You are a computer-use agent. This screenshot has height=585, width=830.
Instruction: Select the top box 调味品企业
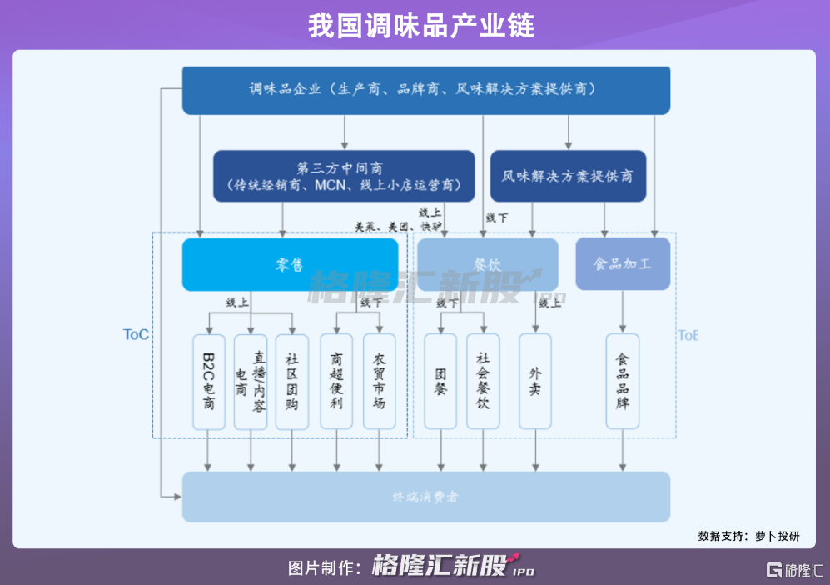click(425, 90)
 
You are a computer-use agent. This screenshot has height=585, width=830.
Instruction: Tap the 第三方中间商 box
click(344, 176)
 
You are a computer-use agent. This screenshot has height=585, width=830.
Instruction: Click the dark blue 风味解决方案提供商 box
click(568, 176)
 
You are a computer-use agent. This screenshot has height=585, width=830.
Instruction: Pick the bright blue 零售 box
click(290, 264)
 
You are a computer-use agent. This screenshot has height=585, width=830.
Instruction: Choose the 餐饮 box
click(487, 264)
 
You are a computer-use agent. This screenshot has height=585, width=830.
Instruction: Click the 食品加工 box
click(622, 264)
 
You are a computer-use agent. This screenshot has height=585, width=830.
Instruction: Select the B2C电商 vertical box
click(209, 382)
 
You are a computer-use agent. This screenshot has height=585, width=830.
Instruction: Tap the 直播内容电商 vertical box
click(250, 382)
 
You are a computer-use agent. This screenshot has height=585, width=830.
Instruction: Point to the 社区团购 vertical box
click(291, 382)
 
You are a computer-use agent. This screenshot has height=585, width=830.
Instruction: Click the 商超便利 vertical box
click(336, 382)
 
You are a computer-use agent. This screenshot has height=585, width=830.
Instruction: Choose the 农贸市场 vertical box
click(379, 382)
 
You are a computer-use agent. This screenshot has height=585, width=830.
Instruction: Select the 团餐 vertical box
click(440, 382)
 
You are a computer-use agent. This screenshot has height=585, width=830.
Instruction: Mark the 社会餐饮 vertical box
click(483, 382)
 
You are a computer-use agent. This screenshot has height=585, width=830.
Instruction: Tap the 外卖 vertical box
click(534, 382)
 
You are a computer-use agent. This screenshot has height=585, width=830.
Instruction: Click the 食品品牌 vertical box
click(622, 382)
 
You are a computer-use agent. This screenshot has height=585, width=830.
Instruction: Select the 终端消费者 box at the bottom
click(425, 497)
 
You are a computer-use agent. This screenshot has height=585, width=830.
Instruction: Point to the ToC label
click(136, 334)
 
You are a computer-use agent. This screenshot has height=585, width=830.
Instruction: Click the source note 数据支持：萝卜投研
click(748, 536)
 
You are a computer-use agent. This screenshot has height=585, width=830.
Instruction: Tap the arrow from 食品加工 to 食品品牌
click(622, 312)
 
